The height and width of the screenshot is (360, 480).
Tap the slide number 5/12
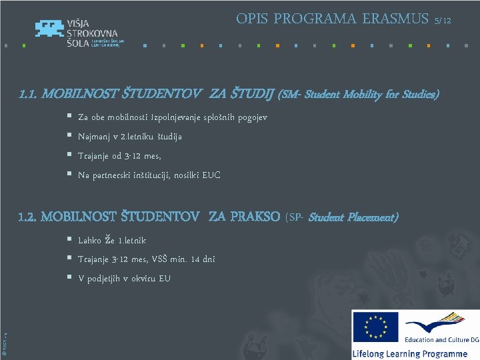tap(443, 21)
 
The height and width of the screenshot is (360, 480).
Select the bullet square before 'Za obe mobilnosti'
tap(69, 116)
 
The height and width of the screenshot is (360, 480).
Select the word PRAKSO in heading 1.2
tap(254, 217)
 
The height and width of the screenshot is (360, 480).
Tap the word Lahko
tap(91, 240)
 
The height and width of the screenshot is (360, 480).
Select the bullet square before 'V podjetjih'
tap(69, 277)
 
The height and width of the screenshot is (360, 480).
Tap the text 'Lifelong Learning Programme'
tap(410, 353)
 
